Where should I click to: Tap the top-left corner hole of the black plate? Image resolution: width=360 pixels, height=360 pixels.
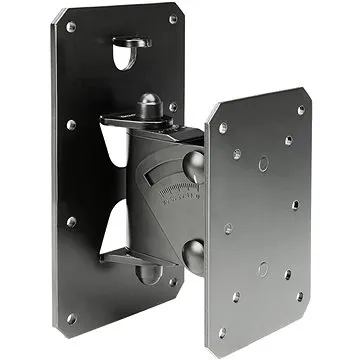(71, 27)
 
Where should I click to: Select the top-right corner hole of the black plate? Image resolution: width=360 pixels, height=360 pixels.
(173, 20)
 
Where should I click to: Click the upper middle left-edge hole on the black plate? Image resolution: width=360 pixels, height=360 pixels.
(71, 125)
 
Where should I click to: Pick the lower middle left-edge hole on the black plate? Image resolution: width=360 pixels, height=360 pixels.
(71, 221)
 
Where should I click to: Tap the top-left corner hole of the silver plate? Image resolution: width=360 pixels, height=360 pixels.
(223, 128)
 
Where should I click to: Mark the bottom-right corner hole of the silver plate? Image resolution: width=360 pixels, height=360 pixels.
(300, 296)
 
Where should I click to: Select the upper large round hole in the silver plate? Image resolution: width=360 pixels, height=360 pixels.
(262, 162)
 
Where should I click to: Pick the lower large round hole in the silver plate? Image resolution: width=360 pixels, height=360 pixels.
(262, 267)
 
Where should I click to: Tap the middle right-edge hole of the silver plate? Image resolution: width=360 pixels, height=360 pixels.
(296, 205)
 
